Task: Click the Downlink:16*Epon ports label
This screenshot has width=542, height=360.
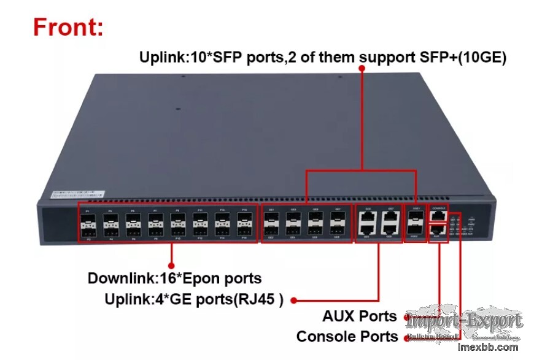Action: coord(174,278)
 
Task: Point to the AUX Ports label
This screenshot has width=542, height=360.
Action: coord(360,316)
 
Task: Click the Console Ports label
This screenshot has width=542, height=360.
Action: coord(347,337)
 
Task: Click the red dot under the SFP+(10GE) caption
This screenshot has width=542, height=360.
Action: coord(362,69)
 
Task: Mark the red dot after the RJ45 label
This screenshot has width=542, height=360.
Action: coord(294,301)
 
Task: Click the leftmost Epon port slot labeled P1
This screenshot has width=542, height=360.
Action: coord(88,219)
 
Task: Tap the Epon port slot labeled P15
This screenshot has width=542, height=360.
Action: coord(244,219)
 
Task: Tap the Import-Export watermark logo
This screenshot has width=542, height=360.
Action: coord(464,321)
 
